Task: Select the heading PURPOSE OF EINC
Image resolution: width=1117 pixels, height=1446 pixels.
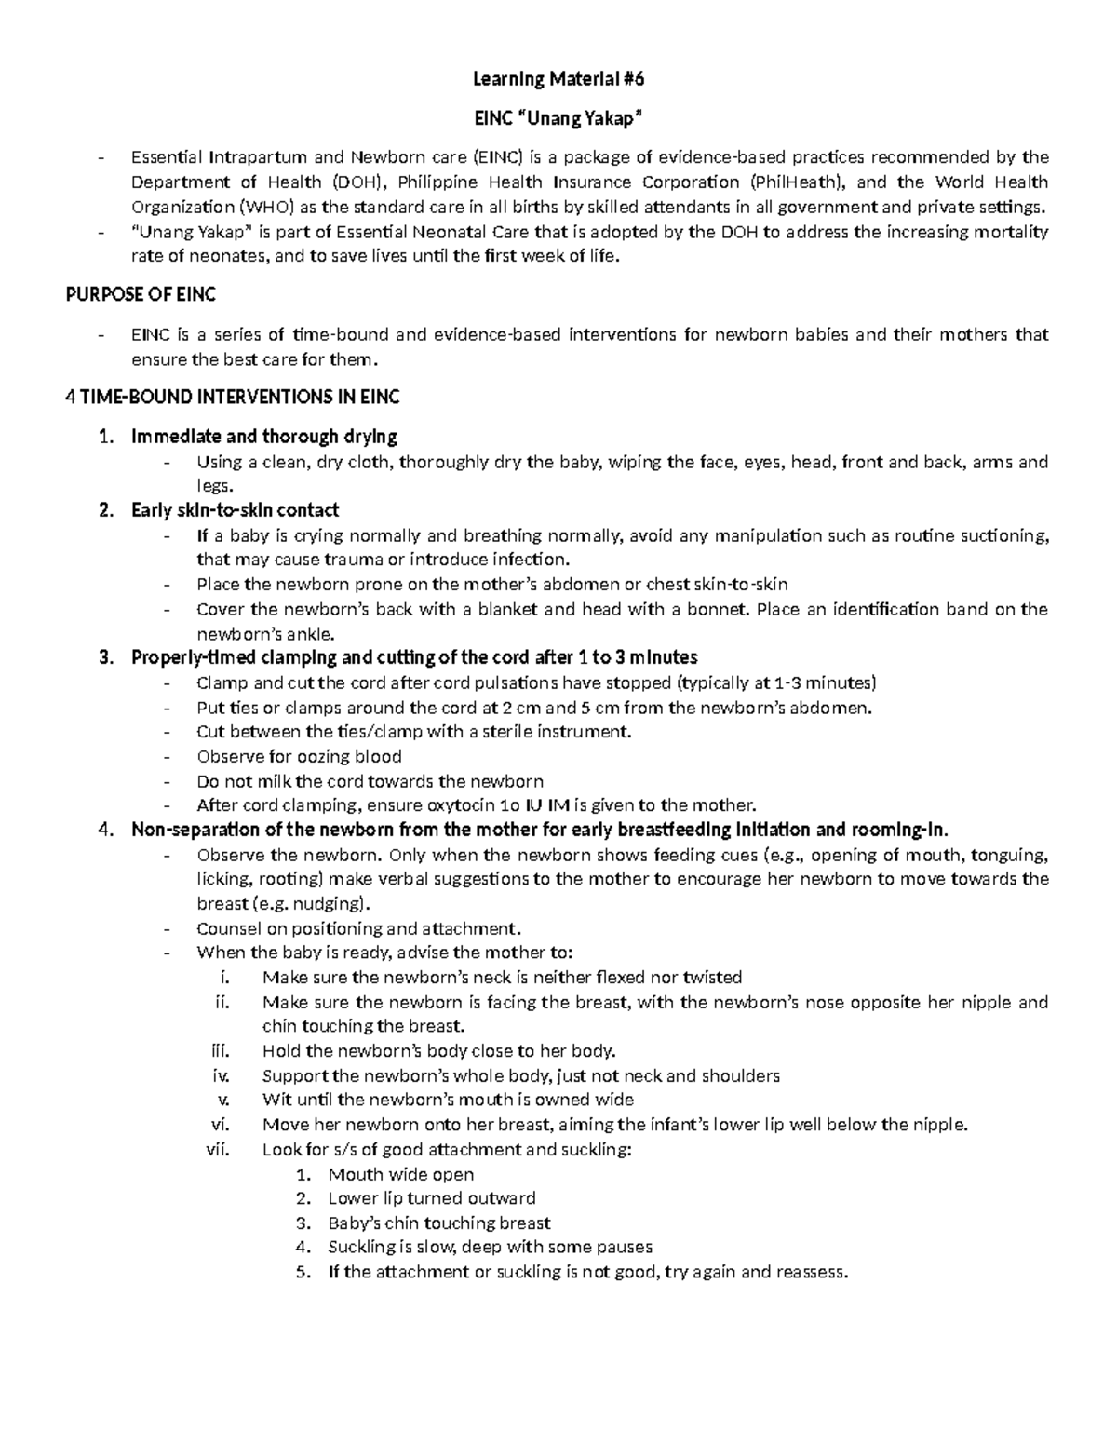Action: [141, 295]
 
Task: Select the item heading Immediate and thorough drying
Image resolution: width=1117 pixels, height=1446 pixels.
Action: [264, 437]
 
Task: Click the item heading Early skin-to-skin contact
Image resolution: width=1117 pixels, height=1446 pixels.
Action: [235, 510]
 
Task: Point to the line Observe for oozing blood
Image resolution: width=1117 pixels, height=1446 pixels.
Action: [299, 757]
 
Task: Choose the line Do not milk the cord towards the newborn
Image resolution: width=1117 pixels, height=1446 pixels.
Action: [370, 781]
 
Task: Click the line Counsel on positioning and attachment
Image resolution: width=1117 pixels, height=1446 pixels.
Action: [359, 928]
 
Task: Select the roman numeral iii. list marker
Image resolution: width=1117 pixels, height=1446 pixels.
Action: [220, 1051]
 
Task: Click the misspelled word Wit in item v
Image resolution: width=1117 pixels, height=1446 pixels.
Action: [276, 1100]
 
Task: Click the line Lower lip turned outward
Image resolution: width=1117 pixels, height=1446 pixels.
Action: [432, 1198]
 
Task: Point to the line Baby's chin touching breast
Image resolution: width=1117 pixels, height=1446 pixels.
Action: [439, 1223]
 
